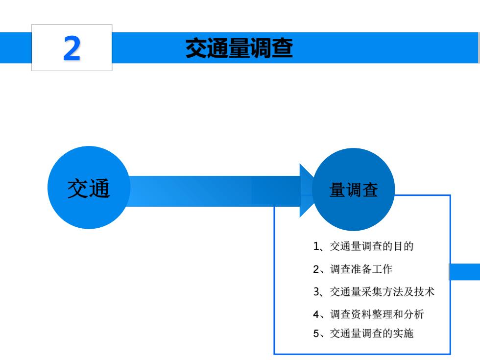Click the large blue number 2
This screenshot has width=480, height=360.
click(x=72, y=48)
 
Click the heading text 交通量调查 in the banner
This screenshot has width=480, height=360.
click(x=239, y=48)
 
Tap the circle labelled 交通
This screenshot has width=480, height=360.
click(x=89, y=187)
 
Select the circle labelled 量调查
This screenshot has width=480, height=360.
click(x=354, y=190)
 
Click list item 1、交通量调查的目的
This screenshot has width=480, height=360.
click(x=363, y=246)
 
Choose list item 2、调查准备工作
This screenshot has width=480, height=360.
click(x=352, y=269)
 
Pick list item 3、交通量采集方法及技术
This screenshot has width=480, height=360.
click(x=373, y=292)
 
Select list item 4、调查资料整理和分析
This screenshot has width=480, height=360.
click(x=368, y=314)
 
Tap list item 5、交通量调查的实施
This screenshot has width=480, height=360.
click(x=363, y=333)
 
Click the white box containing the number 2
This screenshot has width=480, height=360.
click(x=72, y=48)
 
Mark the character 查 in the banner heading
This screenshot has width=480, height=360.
click(x=282, y=48)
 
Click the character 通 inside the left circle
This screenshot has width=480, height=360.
click(x=99, y=189)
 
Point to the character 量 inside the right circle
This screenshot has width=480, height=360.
click(x=337, y=190)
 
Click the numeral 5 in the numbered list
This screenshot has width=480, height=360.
click(x=316, y=334)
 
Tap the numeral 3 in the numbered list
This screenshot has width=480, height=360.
click(x=316, y=292)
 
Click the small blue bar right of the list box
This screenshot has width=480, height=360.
click(x=465, y=271)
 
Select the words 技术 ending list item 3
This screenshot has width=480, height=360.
click(x=424, y=292)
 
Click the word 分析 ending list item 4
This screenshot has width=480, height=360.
click(x=413, y=314)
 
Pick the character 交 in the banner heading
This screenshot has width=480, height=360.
click(x=196, y=48)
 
